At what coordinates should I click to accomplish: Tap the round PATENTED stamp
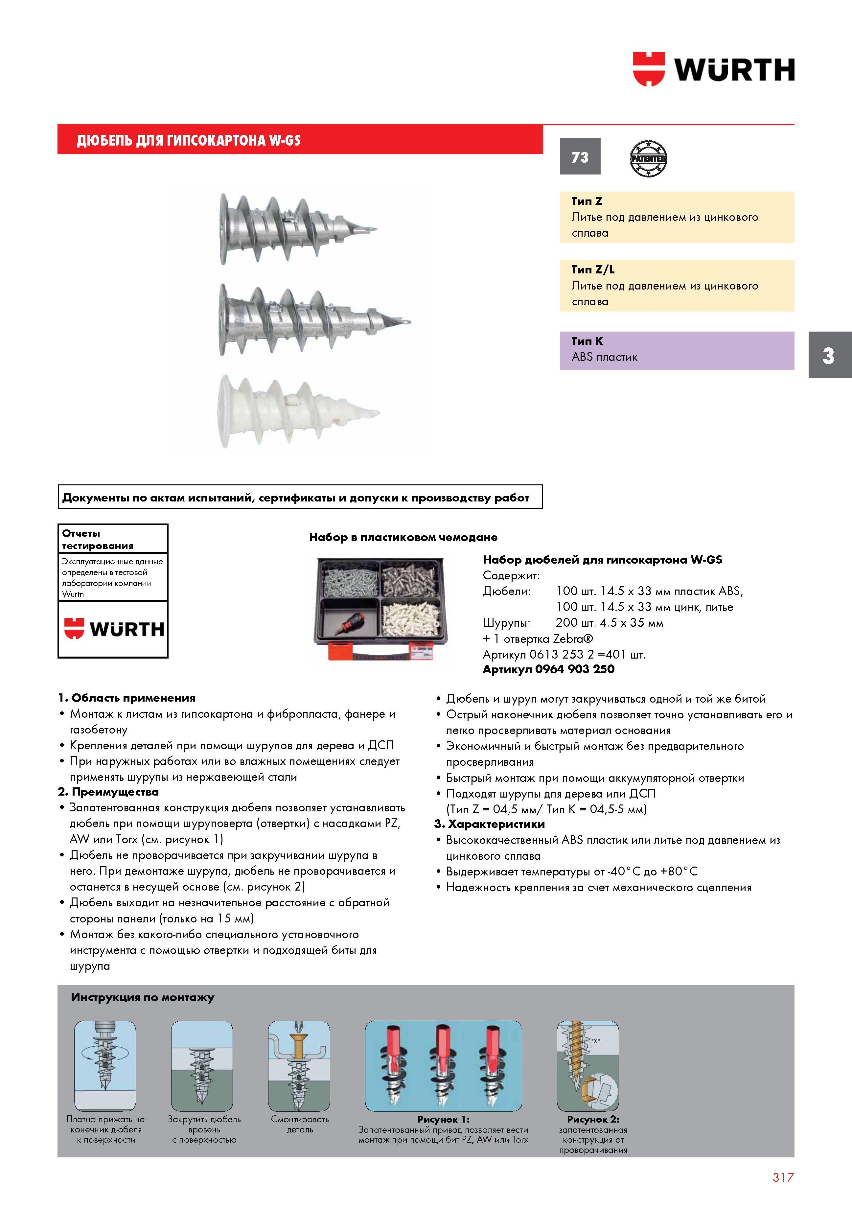pos(648,158)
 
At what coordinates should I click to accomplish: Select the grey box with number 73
pos(580,156)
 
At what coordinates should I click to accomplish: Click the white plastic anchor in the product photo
pos(299,411)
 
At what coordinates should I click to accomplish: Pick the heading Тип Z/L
pos(593,269)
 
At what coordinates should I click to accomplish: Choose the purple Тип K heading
pos(587,341)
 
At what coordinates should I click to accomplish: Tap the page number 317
pos(783,1177)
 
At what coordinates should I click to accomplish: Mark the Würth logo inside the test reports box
pos(114,629)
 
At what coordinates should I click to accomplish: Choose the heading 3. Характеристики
pos(490,824)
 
